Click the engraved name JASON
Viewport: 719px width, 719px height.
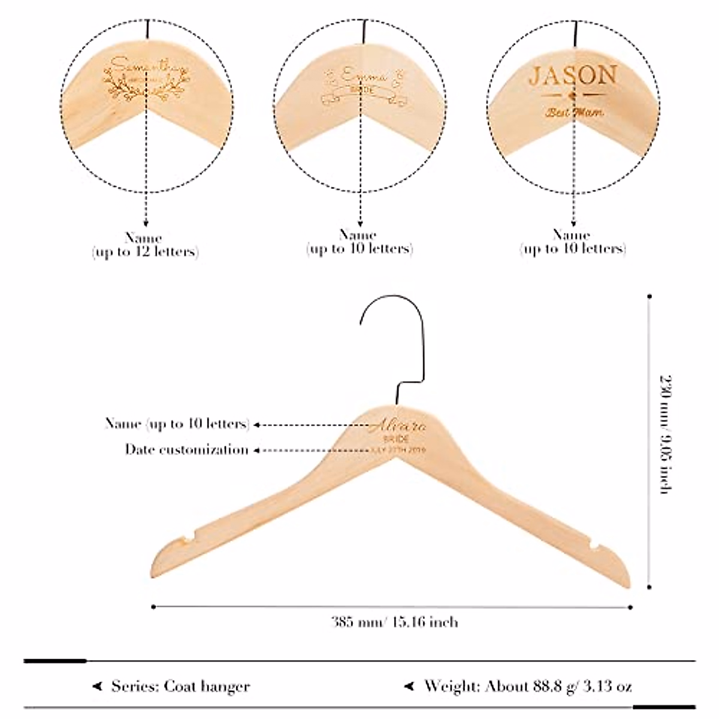click(573, 76)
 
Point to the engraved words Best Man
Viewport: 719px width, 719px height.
click(574, 112)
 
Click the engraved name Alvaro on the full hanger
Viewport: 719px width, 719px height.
click(397, 426)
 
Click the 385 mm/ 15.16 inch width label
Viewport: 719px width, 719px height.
click(395, 622)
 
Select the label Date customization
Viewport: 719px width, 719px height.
click(186, 449)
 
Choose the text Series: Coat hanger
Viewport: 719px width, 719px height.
click(180, 686)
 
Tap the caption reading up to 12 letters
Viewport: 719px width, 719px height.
click(145, 252)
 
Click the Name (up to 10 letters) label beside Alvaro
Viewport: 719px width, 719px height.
click(177, 424)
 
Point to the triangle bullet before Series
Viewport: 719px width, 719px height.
click(96, 686)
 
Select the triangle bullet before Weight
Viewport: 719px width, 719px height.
click(409, 686)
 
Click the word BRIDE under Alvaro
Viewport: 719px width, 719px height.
click(398, 439)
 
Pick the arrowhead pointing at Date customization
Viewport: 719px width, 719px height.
click(256, 450)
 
